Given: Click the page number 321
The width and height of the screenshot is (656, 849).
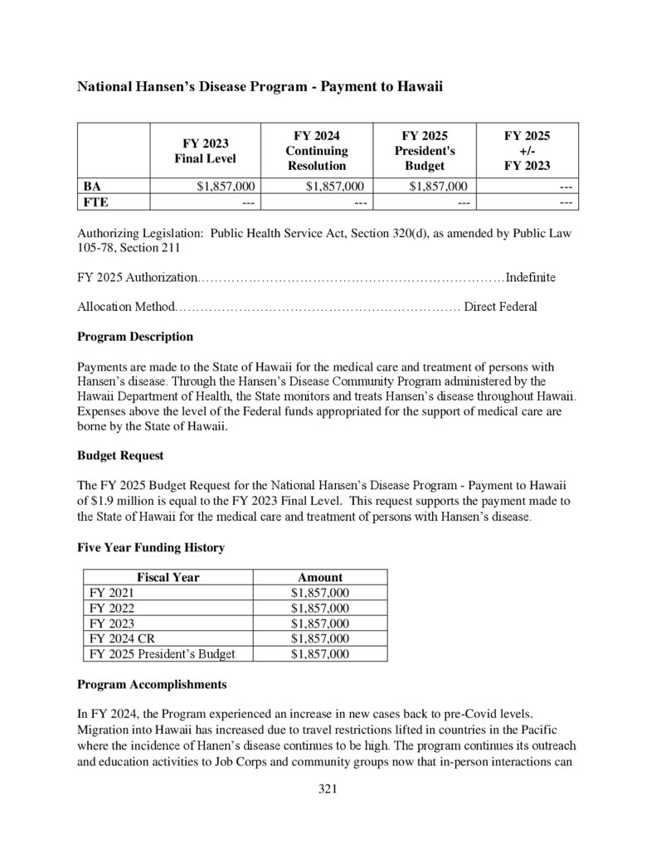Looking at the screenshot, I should [328, 788].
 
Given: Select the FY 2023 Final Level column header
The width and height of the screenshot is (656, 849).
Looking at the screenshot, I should [205, 151].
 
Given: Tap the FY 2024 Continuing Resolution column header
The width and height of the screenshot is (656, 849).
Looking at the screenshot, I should [317, 151].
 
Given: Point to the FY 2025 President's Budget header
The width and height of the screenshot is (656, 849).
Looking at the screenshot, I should [425, 151].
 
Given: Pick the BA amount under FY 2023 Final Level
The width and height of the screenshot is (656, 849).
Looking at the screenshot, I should [226, 186].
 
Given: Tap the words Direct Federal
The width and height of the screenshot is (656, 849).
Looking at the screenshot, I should [500, 307].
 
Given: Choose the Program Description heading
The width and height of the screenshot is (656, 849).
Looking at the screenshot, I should [135, 337].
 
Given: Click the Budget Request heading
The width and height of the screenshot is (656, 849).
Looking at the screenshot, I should [120, 455].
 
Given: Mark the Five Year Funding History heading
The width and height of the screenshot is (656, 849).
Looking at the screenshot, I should [151, 547].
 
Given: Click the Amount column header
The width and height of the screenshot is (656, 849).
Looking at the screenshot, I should [319, 577].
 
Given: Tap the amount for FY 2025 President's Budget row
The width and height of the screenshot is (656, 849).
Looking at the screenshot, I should [319, 653].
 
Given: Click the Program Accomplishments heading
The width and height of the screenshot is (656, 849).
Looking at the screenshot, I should [152, 685].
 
